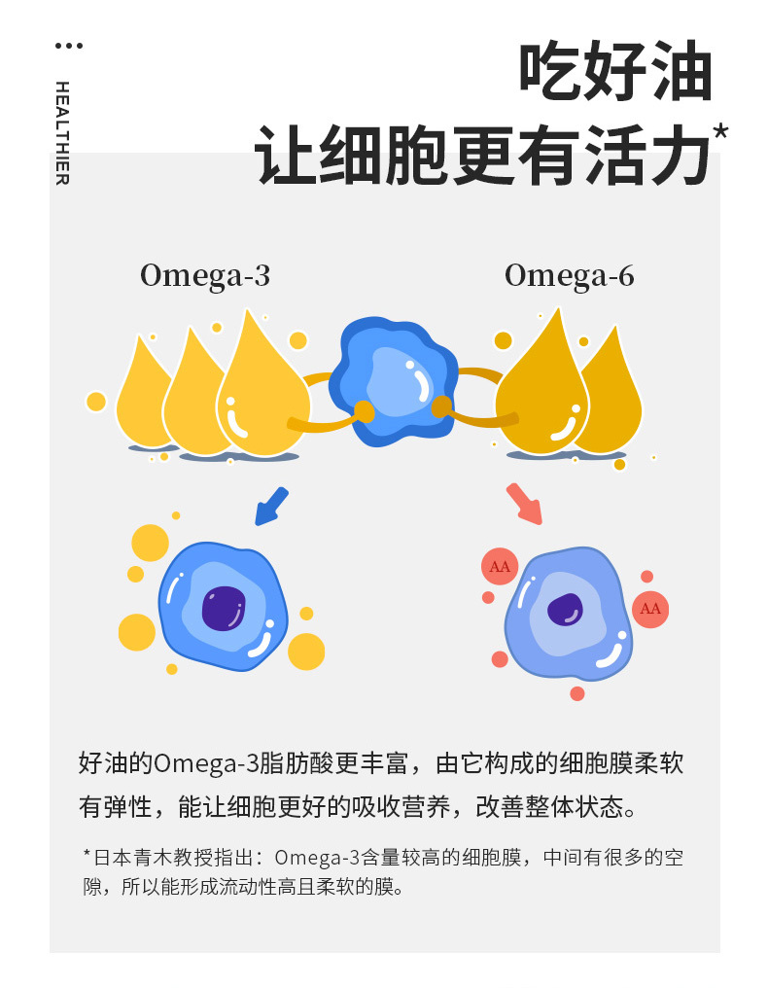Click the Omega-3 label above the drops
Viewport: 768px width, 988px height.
tap(204, 276)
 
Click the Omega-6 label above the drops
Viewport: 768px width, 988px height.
tap(569, 276)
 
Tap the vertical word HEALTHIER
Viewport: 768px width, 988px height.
tap(62, 132)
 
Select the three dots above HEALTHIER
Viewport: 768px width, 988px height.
tap(69, 46)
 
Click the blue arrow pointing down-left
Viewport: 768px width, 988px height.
tap(271, 506)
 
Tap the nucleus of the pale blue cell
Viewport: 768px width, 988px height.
tap(564, 610)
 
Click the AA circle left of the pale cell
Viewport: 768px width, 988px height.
tap(500, 567)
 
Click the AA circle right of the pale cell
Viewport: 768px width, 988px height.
tap(650, 609)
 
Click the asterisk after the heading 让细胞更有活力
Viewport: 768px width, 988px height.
tap(720, 133)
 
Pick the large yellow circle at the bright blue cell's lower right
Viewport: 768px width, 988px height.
tap(306, 652)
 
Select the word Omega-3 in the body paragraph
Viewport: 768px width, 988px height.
tap(204, 762)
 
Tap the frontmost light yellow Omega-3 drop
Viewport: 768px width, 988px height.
tap(262, 394)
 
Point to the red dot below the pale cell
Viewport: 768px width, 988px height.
tap(577, 693)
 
